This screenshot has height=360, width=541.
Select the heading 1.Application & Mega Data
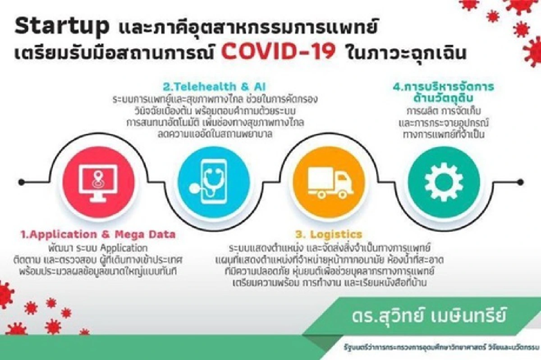pyautogui.click(x=98, y=234)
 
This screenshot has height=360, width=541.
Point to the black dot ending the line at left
pyautogui.click(x=21, y=182)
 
